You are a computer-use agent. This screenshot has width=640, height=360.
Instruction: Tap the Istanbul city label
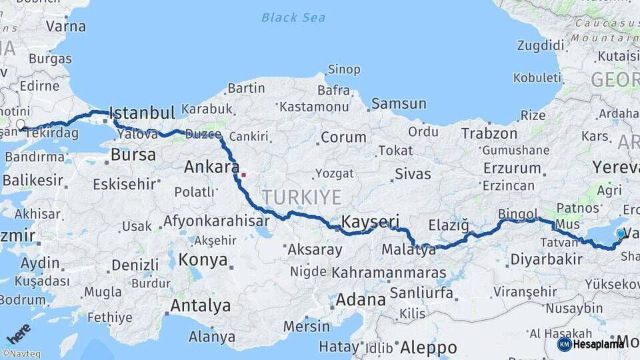click(141, 112)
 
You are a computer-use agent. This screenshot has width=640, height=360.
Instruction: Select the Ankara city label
click(211, 167)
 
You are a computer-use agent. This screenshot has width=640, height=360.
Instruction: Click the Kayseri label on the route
click(370, 221)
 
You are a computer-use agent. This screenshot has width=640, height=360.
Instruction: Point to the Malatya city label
click(409, 250)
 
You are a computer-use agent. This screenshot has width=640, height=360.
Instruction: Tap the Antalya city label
click(201, 306)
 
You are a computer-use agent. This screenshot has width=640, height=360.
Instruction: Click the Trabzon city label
click(489, 134)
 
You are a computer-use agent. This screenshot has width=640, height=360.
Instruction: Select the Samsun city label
click(399, 103)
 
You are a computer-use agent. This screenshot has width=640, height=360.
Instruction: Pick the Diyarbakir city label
click(546, 259)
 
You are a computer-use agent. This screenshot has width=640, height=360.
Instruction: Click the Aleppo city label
click(429, 347)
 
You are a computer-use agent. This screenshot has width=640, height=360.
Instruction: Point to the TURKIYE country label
click(301, 197)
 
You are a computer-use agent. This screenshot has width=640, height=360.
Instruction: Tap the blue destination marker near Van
click(621, 233)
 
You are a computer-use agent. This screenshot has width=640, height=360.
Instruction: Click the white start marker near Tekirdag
click(21, 125)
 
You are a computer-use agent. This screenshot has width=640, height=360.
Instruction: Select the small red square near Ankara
click(244, 175)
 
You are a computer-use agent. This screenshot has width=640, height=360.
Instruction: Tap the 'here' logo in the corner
click(18, 334)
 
